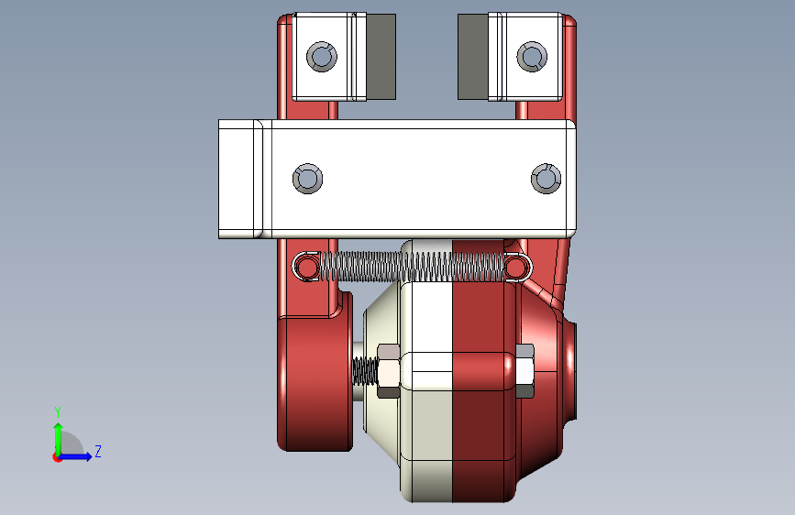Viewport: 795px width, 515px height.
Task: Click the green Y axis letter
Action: (x=58, y=411)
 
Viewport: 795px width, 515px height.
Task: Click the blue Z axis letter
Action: (x=98, y=451)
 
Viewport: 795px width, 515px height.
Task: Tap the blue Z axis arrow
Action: (x=76, y=456)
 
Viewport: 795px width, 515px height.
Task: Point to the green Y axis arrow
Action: (x=59, y=439)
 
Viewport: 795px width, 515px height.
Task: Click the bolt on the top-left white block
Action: (x=322, y=56)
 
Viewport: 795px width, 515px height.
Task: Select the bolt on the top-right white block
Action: (x=532, y=56)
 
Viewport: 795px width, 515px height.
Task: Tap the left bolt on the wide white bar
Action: (x=308, y=179)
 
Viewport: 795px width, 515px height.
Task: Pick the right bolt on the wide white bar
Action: (x=547, y=179)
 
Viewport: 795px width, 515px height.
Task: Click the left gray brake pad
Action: (x=381, y=57)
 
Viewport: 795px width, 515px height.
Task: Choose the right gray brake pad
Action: (x=473, y=57)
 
